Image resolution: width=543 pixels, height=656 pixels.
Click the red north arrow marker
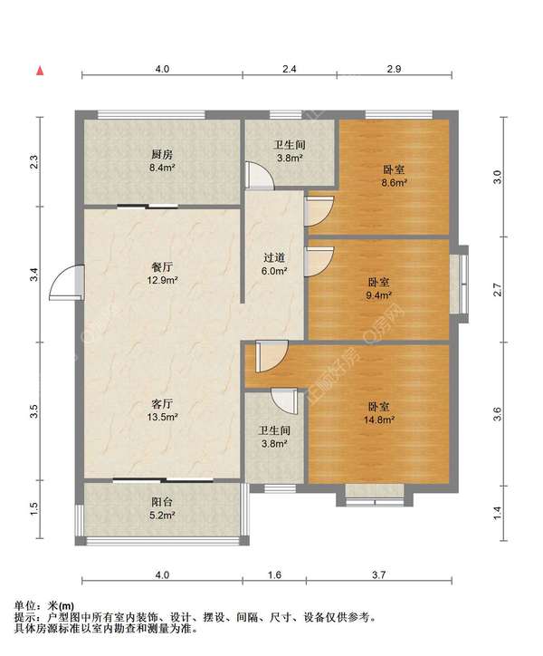tap(40, 71)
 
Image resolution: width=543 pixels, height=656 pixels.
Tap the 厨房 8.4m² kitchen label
tap(163, 161)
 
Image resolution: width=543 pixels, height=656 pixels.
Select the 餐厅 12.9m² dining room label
tap(163, 274)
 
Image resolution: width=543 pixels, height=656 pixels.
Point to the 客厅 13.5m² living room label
tap(163, 410)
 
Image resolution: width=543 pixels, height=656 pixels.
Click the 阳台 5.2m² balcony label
tap(163, 508)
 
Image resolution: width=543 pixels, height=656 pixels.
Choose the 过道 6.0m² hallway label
tap(274, 264)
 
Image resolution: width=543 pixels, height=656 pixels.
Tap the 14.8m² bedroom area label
tap(379, 413)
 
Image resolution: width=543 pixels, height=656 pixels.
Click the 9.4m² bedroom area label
tap(379, 289)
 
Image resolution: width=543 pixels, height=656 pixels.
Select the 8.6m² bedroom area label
tap(395, 176)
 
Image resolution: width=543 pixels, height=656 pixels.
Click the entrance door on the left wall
tap(67, 283)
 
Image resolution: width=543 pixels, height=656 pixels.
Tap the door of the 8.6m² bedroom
tap(319, 211)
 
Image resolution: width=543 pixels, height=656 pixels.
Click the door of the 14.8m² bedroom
tap(271, 356)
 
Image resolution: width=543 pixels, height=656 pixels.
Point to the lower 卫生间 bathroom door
tap(284, 401)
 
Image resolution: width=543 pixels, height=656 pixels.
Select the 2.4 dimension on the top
tap(290, 69)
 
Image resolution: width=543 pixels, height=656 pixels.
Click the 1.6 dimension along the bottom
tap(274, 574)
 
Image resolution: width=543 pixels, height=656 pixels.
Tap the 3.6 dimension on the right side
tap(497, 414)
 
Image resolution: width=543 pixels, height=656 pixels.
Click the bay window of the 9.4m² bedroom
tap(460, 285)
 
